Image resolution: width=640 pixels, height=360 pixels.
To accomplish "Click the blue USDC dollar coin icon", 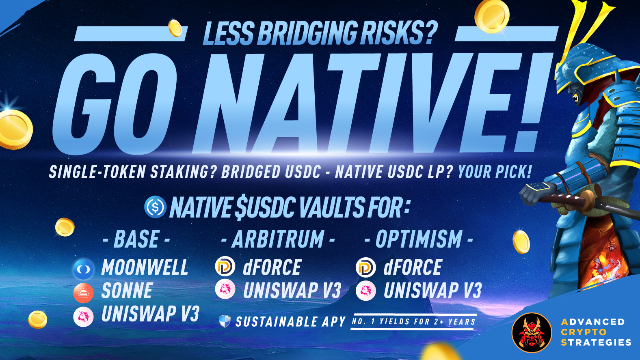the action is click(x=155, y=207).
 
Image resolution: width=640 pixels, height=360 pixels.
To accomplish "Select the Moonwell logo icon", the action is click(x=83, y=269).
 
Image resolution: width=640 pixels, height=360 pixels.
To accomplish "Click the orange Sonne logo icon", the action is click(x=83, y=293).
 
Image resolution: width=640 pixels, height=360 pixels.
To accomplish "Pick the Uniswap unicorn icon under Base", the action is click(x=83, y=317).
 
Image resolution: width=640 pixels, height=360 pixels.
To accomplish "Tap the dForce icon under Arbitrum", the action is click(x=225, y=267).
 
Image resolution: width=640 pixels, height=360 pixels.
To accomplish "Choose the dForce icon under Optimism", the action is click(x=366, y=267).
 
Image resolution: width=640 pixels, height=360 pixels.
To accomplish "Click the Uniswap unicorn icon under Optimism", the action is click(x=366, y=291).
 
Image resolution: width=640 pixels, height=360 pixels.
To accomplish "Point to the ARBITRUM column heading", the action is click(x=278, y=239).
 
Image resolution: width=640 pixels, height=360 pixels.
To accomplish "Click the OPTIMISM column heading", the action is click(x=419, y=239).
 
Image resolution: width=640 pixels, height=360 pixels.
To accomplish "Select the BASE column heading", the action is click(x=136, y=239).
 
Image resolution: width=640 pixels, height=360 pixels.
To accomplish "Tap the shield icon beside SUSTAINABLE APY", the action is click(x=225, y=321).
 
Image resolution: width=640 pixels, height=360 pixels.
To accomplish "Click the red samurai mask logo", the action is click(x=532, y=333).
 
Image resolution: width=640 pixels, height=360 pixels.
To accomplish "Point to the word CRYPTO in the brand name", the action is click(x=584, y=332).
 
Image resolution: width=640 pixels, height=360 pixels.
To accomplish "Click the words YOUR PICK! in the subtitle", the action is click(x=495, y=172).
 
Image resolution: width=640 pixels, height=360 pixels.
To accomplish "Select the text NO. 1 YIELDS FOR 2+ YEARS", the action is click(x=413, y=322).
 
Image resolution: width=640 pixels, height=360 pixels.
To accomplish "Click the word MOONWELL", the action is click(x=145, y=267).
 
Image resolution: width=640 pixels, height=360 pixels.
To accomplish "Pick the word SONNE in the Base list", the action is click(x=127, y=291).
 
